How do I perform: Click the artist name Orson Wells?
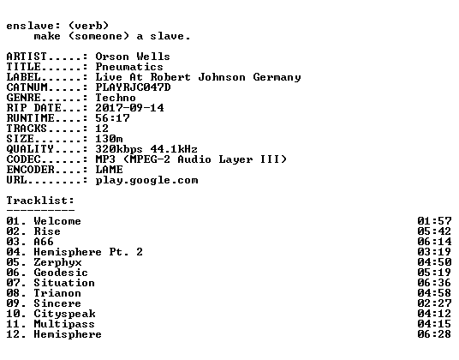tap(133, 57)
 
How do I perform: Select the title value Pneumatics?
tap(129, 67)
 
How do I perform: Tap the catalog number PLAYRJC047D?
tap(133, 87)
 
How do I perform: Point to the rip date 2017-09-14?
tap(129, 108)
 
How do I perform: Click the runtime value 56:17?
tap(112, 118)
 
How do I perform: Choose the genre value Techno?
tap(116, 98)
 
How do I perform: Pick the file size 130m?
tap(109, 139)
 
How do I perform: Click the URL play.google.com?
tap(146, 180)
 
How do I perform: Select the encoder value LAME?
tap(109, 170)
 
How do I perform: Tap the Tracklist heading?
tap(40, 201)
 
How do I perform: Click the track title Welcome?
tap(57, 221)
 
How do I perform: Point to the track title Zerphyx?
tap(57, 262)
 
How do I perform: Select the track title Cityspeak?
tap(65, 314)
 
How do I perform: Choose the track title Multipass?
tap(64, 324)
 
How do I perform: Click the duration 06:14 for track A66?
tap(434, 242)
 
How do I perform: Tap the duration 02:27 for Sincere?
tap(434, 303)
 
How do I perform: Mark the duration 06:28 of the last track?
tap(434, 334)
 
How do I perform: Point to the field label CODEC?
tap(23, 159)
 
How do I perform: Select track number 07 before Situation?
tap(13, 283)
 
